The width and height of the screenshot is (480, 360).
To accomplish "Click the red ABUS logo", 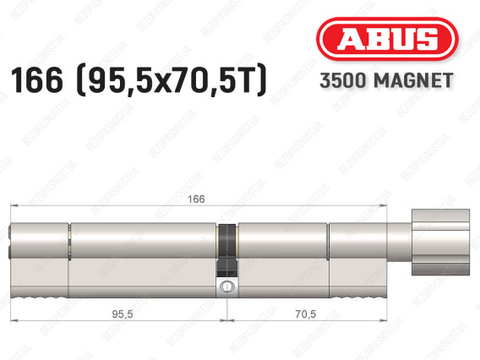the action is [387, 39].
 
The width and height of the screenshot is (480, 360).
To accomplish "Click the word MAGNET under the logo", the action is [413, 80].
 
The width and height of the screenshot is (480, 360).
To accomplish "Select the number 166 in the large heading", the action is [36, 80].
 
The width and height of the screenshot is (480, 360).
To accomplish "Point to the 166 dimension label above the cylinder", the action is [196, 199].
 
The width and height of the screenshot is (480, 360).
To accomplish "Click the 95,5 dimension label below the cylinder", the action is [123, 314].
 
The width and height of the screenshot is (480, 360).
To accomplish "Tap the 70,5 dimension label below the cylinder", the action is [306, 314].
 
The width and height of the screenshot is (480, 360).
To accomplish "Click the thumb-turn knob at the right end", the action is [440, 242].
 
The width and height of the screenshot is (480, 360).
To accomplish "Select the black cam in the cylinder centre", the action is [227, 250].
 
